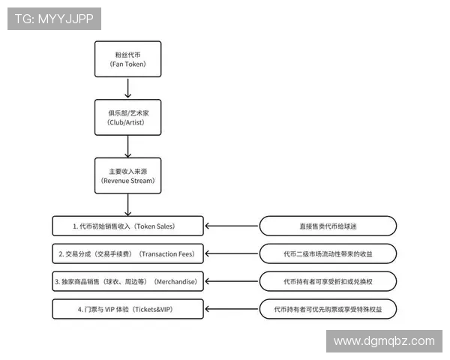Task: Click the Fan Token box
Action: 127,59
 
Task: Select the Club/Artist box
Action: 127,117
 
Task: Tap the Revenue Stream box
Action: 127,175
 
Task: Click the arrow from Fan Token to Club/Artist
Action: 127,88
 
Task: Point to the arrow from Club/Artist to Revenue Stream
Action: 127,146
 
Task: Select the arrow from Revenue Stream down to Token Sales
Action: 127,204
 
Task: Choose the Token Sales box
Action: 127,225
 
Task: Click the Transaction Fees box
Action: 127,253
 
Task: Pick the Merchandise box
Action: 127,281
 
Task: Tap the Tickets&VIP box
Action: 127,309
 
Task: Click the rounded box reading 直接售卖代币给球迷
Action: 328,225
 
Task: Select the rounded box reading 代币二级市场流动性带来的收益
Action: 328,253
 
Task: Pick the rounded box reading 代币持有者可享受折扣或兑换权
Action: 328,281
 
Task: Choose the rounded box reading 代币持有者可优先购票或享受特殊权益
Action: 328,309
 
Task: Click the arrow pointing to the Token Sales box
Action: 231,225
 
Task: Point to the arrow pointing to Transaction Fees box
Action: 231,253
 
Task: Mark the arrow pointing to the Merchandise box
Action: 231,281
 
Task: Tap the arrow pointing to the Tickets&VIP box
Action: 231,309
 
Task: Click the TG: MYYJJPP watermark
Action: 54,19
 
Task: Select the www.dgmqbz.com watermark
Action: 383,340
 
